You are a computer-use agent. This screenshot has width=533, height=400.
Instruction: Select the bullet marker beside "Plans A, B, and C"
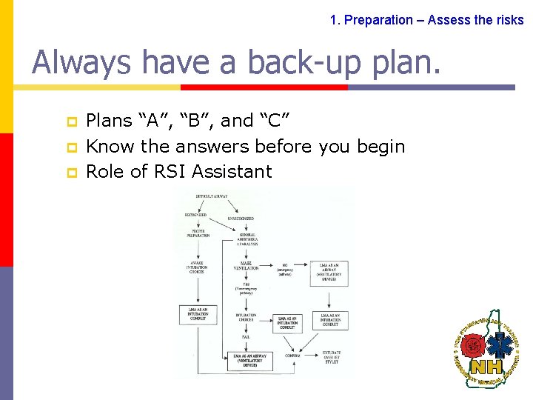tap(72, 121)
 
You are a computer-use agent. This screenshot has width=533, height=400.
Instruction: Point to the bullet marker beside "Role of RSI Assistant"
tap(72, 172)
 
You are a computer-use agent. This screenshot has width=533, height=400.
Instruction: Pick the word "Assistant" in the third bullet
tap(232, 172)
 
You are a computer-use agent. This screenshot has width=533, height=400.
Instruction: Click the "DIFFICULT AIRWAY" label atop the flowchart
tap(212, 196)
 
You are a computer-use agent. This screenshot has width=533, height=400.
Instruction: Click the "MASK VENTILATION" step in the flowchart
tap(247, 265)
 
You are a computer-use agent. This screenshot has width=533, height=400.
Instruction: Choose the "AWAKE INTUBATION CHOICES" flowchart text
tap(197, 267)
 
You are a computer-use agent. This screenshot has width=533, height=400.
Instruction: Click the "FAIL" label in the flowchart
tap(245, 337)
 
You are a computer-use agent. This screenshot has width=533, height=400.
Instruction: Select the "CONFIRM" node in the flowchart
tap(293, 355)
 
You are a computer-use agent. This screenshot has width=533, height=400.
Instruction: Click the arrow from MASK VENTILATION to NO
tap(266, 265)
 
